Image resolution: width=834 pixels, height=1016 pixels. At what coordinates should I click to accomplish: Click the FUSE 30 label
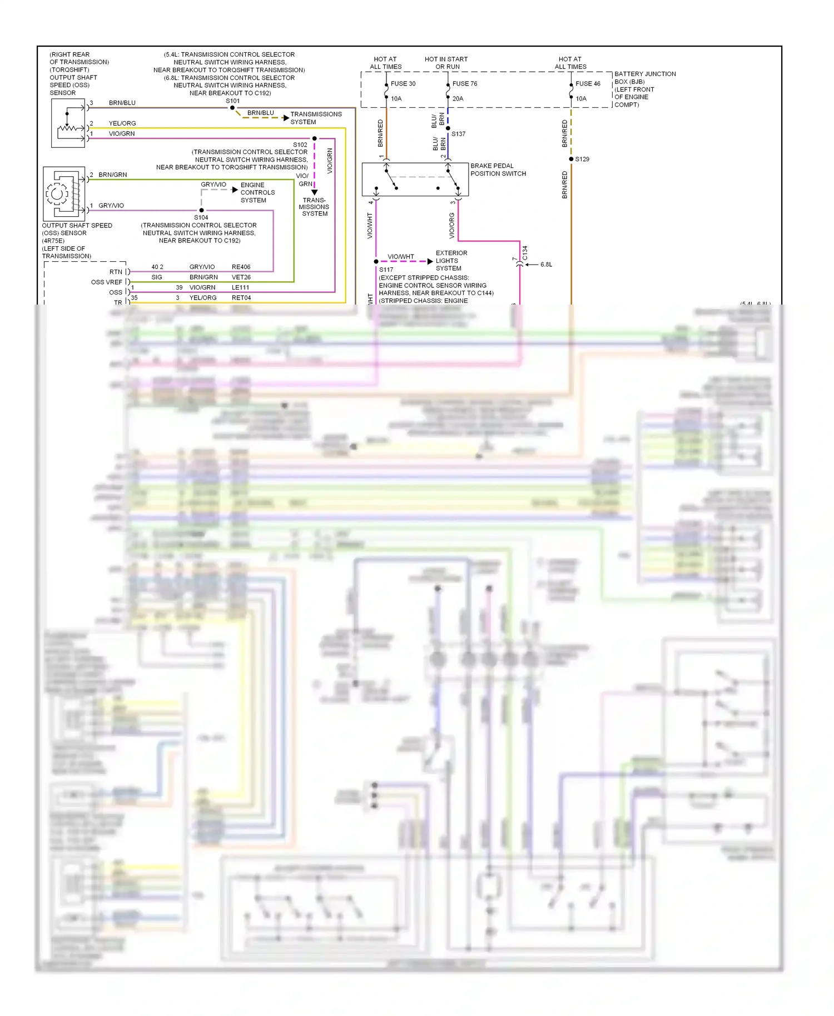403,84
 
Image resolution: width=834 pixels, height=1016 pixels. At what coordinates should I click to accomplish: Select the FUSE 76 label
465,84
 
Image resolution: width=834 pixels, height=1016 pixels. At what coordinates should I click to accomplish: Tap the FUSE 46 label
588,84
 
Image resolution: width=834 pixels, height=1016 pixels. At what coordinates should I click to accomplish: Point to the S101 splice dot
232,108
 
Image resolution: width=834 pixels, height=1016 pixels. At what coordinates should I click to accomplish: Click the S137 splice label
458,134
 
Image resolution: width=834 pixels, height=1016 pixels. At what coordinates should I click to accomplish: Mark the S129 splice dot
571,159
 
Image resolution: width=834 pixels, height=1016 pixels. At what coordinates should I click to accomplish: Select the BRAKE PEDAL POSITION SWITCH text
498,170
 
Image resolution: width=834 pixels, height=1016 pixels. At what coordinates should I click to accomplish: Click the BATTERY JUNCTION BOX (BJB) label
645,78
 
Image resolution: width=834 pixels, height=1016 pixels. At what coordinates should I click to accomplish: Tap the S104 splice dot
201,210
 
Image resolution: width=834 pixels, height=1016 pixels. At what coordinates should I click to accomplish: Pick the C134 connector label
525,253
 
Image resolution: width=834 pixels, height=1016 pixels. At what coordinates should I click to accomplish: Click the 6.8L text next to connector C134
546,265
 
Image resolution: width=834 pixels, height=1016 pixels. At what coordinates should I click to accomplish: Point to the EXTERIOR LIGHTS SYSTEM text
451,261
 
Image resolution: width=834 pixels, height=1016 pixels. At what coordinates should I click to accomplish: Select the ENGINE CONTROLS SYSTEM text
257,192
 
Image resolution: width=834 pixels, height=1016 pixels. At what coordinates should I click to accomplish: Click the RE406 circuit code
241,267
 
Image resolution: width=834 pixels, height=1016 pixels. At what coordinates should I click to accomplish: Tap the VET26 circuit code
241,277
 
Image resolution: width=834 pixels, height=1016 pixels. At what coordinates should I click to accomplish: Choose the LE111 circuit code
240,287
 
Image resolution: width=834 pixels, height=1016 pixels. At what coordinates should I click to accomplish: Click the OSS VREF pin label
106,282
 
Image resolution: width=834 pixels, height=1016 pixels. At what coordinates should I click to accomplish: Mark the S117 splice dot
376,261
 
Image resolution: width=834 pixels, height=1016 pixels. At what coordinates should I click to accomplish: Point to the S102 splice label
300,145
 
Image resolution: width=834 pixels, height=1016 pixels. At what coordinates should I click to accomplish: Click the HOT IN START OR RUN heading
446,63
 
